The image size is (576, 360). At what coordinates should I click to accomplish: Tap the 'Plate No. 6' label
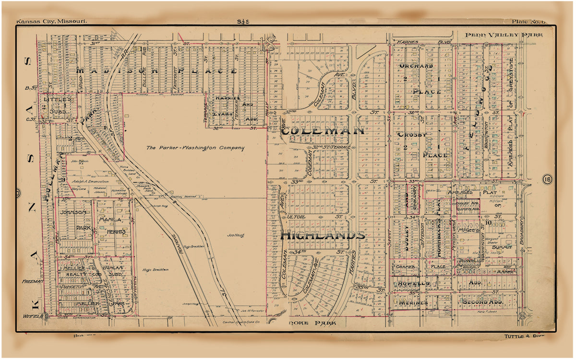(x=528, y=22)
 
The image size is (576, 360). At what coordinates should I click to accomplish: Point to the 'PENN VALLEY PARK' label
(x=504, y=35)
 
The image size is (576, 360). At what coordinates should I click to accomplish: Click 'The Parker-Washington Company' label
(x=195, y=148)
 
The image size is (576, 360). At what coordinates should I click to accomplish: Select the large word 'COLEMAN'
(x=323, y=131)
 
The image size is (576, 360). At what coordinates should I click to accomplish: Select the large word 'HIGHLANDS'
(x=322, y=236)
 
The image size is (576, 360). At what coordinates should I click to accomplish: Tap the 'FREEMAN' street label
(x=33, y=281)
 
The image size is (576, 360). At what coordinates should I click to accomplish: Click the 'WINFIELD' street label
(x=33, y=316)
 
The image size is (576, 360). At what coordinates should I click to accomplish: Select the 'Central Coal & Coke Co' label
(x=239, y=322)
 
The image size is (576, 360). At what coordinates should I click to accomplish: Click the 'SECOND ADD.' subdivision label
(x=481, y=302)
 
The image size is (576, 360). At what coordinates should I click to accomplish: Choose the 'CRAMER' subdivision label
(x=406, y=266)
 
